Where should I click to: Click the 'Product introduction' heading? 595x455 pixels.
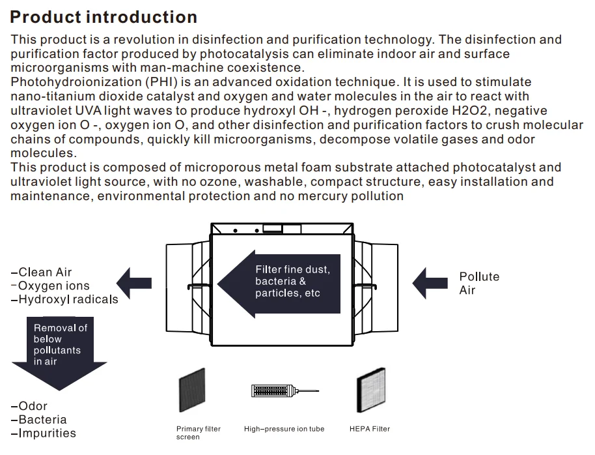(104, 17)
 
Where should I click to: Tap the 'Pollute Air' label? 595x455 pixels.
(479, 284)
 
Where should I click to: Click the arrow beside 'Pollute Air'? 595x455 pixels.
(430, 284)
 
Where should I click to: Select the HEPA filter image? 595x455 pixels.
(370, 390)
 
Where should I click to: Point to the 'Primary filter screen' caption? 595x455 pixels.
(198, 433)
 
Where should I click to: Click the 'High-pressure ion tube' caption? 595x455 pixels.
(284, 429)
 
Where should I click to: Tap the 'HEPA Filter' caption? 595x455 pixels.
(370, 429)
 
